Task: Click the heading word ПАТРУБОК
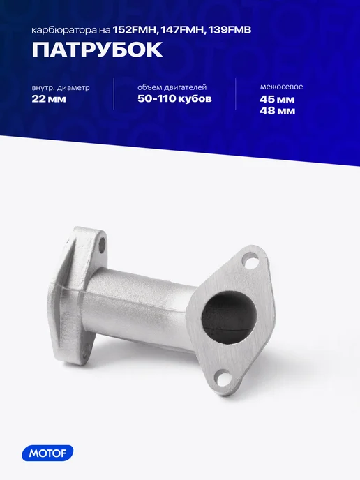point(97,50)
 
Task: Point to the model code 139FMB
point(230,30)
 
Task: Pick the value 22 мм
point(49,99)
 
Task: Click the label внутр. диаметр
point(61,87)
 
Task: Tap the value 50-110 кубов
point(174,98)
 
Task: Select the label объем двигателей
point(172,87)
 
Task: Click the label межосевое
point(281,87)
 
